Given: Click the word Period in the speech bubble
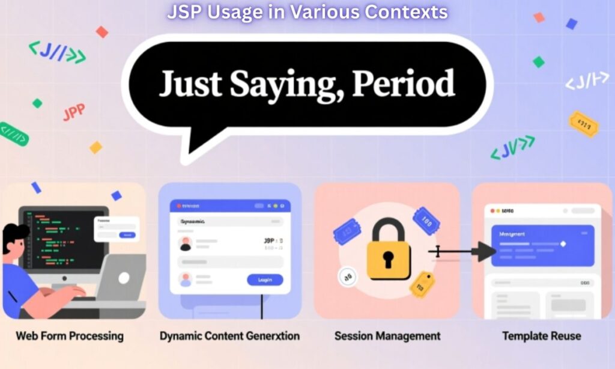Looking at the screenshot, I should (403, 85).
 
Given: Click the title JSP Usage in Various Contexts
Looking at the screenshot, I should (307, 11).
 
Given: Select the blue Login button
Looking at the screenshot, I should (265, 279).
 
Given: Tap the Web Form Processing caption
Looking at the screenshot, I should (70, 335).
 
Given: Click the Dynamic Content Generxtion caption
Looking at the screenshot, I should (229, 336).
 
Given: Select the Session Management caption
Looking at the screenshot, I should (387, 336).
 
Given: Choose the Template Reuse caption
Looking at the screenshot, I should (542, 336).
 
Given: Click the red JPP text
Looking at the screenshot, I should (74, 112).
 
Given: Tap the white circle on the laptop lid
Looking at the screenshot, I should (123, 278).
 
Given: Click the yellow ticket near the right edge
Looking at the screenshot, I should (584, 124).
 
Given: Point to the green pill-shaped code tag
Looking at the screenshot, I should (13, 133).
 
